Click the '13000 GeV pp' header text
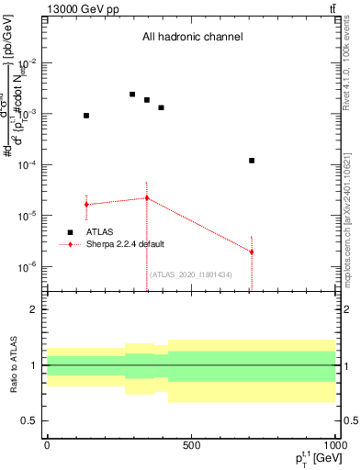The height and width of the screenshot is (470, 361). pyautogui.click(x=82, y=10)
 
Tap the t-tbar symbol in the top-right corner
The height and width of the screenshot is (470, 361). pyautogui.click(x=330, y=10)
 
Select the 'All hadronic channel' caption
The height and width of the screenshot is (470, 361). pyautogui.click(x=192, y=38)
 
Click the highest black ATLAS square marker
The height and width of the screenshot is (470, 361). pyautogui.click(x=132, y=95)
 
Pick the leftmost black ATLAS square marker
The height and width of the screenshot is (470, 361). pyautogui.click(x=86, y=116)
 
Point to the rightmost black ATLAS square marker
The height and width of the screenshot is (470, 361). pyautogui.click(x=252, y=161)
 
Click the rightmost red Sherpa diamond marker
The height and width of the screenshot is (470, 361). pyautogui.click(x=252, y=252)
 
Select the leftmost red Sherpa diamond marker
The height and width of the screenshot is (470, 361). pyautogui.click(x=86, y=204)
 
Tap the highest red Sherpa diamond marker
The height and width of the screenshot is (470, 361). pyautogui.click(x=147, y=198)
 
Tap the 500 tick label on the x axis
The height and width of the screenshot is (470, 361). pyautogui.click(x=190, y=444)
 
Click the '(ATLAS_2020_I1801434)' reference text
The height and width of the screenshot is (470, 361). pyautogui.click(x=192, y=274)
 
